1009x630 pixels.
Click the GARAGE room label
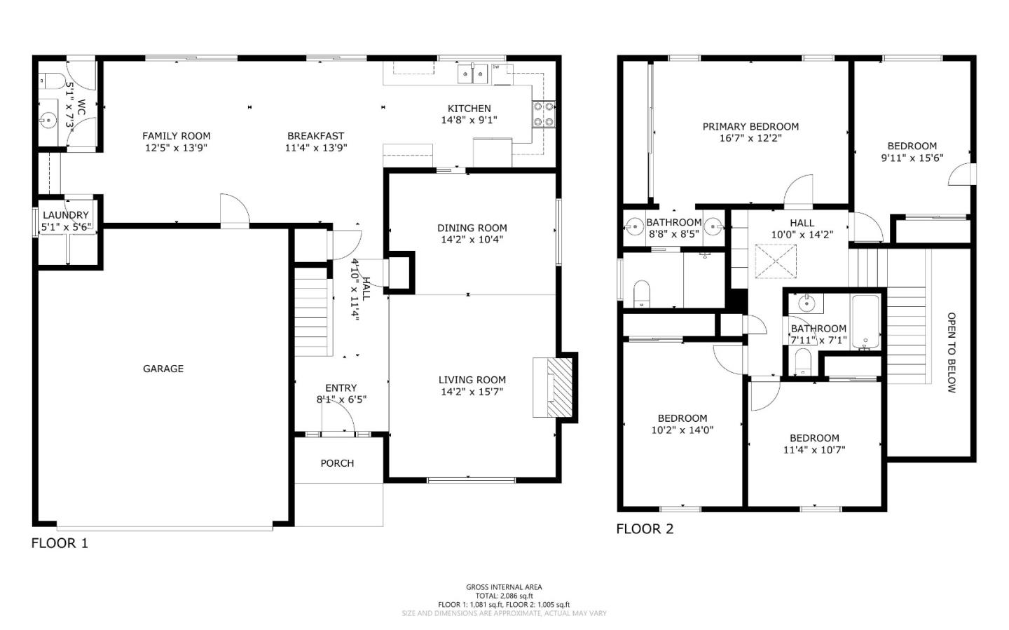click(x=163, y=369)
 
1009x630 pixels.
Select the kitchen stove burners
click(x=544, y=114)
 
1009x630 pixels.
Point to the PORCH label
click(x=337, y=463)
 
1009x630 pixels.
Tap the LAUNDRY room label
click(x=66, y=215)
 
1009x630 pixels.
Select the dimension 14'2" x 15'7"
click(x=472, y=392)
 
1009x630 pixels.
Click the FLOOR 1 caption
click(x=60, y=543)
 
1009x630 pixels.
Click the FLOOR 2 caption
click(x=645, y=529)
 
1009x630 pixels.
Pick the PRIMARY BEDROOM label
click(x=750, y=127)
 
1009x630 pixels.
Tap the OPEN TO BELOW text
click(x=951, y=352)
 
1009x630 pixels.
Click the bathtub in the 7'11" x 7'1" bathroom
click(x=866, y=322)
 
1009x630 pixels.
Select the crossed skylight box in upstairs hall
click(x=776, y=261)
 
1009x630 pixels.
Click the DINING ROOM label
click(x=472, y=228)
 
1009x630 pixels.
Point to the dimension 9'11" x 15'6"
click(x=912, y=158)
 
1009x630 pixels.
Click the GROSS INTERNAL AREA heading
click(x=504, y=587)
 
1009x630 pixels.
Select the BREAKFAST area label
click(x=315, y=136)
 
